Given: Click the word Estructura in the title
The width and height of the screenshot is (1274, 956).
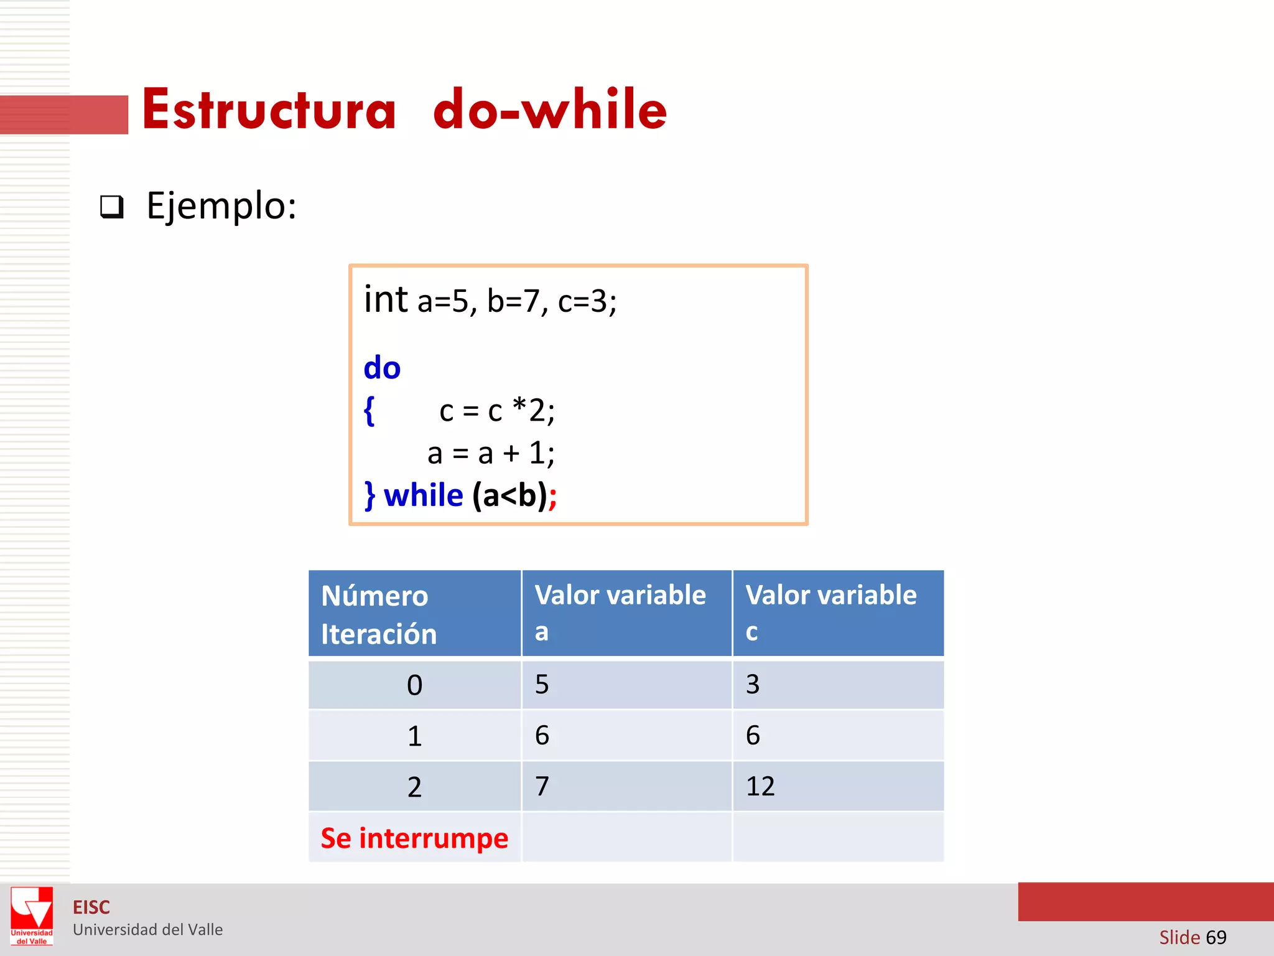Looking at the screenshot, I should point(269,110).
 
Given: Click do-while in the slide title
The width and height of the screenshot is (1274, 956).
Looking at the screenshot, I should point(550,110).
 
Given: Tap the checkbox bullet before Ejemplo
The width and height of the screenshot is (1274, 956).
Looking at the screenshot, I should point(112,207).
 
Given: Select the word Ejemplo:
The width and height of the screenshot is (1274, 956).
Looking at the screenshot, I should point(221,206).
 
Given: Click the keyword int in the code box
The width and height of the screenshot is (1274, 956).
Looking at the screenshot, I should point(386,299).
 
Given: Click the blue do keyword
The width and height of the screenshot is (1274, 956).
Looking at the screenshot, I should point(382,368).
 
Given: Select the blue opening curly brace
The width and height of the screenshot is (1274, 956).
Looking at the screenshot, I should point(370,411).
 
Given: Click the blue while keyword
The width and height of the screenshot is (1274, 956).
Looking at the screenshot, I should point(423,496).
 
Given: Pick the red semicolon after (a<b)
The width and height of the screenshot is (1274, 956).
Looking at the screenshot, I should point(552,497).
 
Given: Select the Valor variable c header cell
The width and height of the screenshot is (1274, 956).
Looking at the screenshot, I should point(838,614).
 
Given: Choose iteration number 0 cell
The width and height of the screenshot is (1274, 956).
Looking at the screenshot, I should point(414,685).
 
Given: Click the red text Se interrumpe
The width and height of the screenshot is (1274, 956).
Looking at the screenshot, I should point(414,838).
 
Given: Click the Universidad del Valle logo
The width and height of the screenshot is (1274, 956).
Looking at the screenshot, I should point(32,916).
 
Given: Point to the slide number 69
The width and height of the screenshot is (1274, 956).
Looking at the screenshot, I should point(1216,937).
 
